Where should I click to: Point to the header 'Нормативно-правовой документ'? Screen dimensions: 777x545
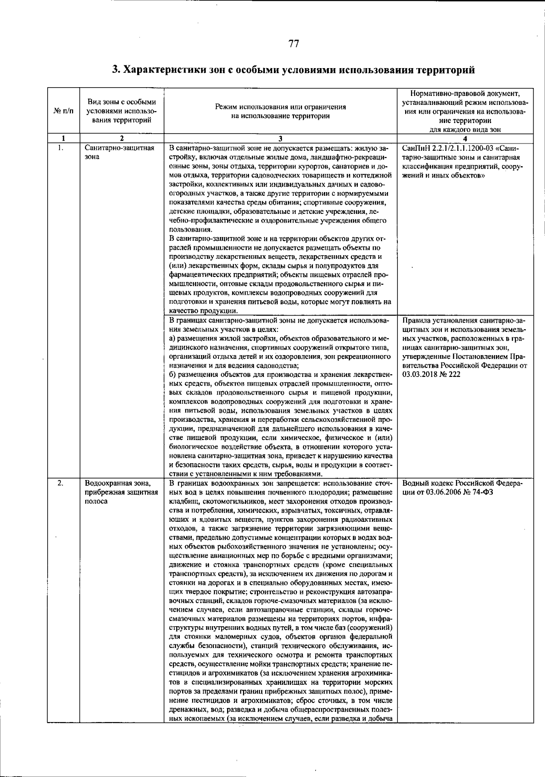(x=465, y=93)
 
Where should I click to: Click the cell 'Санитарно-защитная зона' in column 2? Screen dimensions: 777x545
(x=119, y=152)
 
